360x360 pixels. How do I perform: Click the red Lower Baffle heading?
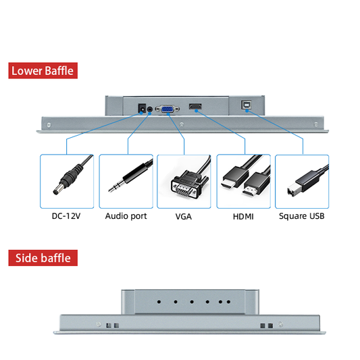43,70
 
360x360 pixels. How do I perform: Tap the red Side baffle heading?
43,258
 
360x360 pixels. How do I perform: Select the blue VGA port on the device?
168,109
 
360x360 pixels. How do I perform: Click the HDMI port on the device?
195,107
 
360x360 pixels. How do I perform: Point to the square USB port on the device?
246,105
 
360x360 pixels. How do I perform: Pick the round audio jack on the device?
150,109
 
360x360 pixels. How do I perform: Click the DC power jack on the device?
142,108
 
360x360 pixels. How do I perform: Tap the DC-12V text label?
66,216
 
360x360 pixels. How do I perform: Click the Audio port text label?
126,216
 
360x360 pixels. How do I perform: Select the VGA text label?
184,217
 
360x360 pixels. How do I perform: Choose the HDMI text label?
243,217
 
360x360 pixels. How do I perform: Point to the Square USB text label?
302,216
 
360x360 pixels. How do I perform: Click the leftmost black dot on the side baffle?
159,302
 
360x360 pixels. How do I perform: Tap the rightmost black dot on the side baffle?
228,302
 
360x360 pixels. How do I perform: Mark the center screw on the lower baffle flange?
182,125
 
